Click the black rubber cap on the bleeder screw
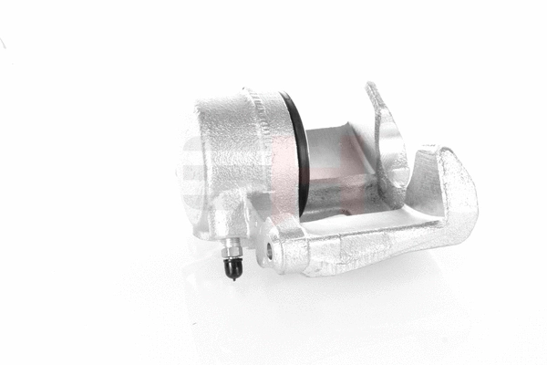pos(234,267)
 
